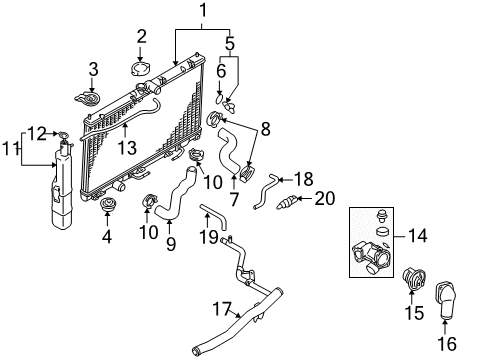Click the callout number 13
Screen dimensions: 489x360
[127, 148]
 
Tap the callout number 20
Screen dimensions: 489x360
[325, 198]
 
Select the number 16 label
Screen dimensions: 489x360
[447, 343]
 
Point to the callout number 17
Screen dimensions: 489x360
[222, 309]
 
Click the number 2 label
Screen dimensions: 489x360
[141, 36]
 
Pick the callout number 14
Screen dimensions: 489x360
[418, 236]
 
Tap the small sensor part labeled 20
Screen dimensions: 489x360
[286, 202]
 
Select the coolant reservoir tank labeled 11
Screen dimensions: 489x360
[62, 187]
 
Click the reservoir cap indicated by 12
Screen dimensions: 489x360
[63, 135]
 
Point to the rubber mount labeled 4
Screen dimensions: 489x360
[107, 204]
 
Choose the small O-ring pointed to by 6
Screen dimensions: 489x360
[219, 99]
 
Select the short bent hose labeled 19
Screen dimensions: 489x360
[215, 216]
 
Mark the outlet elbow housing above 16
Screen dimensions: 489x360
[446, 300]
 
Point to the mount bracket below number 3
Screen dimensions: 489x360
[87, 99]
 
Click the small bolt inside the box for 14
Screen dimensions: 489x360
[380, 215]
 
